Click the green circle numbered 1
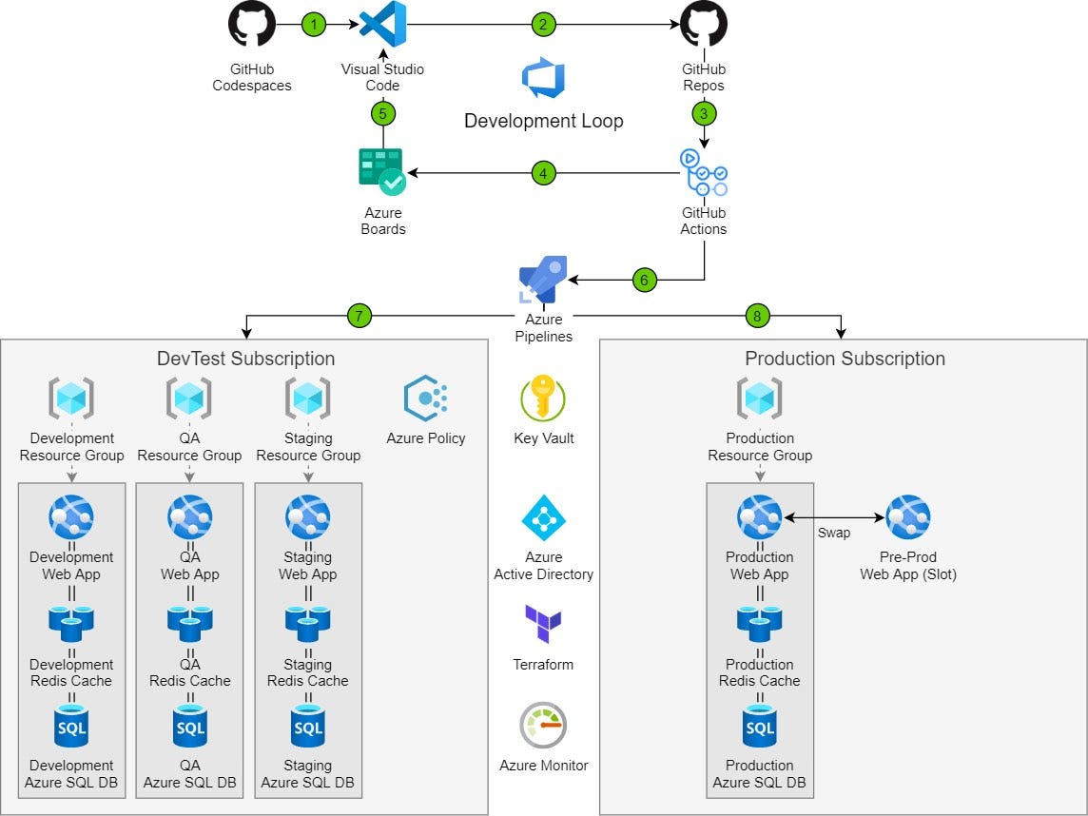pyautogui.click(x=314, y=24)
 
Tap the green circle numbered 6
pyautogui.click(x=644, y=280)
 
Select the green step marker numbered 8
pyautogui.click(x=756, y=317)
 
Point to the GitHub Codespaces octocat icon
pyautogui.click(x=252, y=25)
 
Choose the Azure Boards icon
pyautogui.click(x=382, y=171)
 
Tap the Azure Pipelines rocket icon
pyautogui.click(x=543, y=280)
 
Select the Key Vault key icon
pyautogui.click(x=543, y=398)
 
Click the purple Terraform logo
pyautogui.click(x=543, y=626)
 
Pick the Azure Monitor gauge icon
pyautogui.click(x=543, y=726)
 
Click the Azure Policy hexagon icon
pyautogui.click(x=426, y=398)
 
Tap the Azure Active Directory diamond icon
pyautogui.click(x=543, y=517)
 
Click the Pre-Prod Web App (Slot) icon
pyautogui.click(x=908, y=517)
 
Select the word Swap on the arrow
pyautogui.click(x=834, y=533)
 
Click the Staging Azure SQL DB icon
pyautogui.click(x=308, y=728)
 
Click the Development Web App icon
pyautogui.click(x=71, y=517)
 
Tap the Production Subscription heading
pyautogui.click(x=845, y=359)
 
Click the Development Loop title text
pyautogui.click(x=543, y=121)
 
